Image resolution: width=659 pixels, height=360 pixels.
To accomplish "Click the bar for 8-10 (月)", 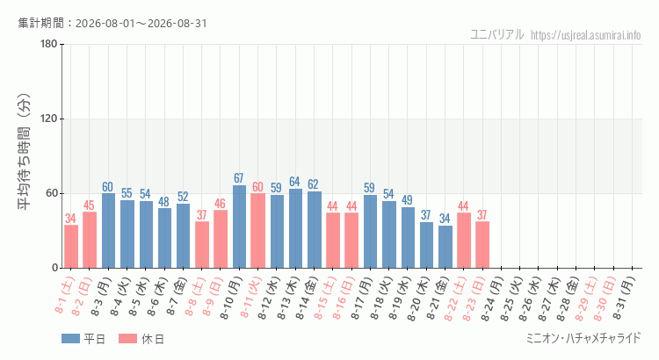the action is pyautogui.click(x=239, y=227).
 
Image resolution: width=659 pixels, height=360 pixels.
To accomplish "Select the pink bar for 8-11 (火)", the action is pyautogui.click(x=258, y=231).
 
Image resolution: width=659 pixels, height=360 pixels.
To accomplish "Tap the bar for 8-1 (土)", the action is pyautogui.click(x=71, y=247).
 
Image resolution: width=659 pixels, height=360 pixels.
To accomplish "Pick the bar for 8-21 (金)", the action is pyautogui.click(x=445, y=247).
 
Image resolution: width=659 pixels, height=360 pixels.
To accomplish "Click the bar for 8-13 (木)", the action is pyautogui.click(x=295, y=228).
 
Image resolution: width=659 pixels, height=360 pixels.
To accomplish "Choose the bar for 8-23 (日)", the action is pyautogui.click(x=482, y=245).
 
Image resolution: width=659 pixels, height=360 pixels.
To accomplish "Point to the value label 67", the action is pyautogui.click(x=239, y=178).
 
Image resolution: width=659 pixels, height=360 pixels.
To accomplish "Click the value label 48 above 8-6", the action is pyautogui.click(x=164, y=202).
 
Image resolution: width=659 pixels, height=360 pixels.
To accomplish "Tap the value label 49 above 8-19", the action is pyautogui.click(x=407, y=200).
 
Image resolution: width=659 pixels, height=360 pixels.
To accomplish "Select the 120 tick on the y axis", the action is pyautogui.click(x=48, y=119).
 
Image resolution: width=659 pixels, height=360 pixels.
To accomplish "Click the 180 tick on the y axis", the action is pyautogui.click(x=48, y=44).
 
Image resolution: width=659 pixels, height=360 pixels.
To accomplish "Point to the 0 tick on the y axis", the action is pyautogui.click(x=54, y=268).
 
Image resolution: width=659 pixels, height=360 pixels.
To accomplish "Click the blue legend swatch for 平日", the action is pyautogui.click(x=70, y=339).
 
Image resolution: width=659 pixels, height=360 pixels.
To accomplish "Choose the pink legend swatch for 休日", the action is pyautogui.click(x=127, y=339).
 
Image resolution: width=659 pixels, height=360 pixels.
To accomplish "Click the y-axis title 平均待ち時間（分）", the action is pyautogui.click(x=24, y=152).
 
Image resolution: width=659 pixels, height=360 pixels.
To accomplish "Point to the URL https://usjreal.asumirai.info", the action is pyautogui.click(x=586, y=35).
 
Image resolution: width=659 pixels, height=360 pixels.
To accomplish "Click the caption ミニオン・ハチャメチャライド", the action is pyautogui.click(x=583, y=338).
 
